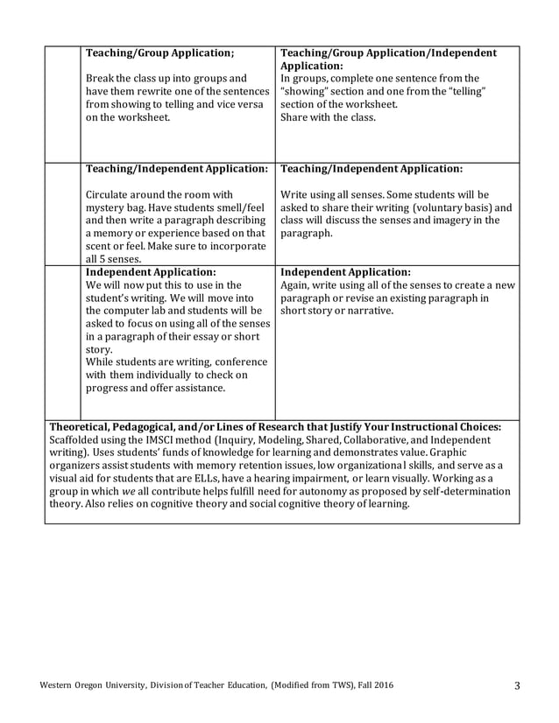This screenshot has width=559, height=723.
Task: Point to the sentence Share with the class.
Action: [x=328, y=117]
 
